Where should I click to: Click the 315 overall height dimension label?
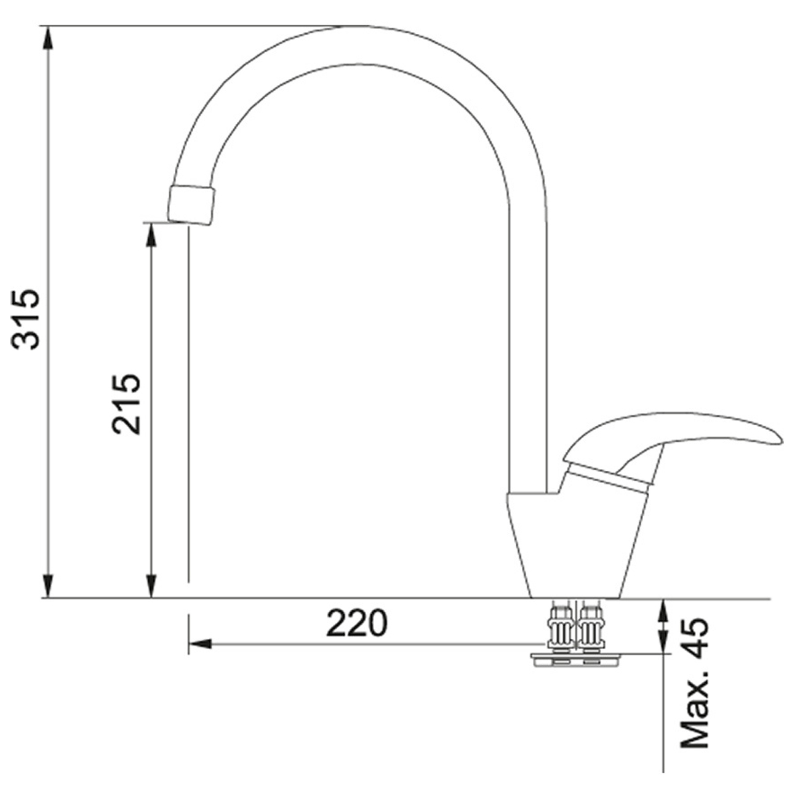28,318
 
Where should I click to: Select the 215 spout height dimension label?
127,404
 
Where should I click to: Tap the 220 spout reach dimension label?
356,623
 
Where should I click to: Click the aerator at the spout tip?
191,204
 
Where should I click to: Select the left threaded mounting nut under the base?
560,628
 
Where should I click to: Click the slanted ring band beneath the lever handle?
609,478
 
